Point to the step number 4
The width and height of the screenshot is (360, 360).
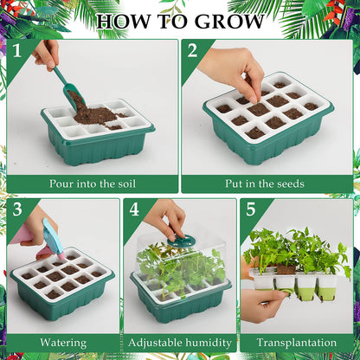(134, 209)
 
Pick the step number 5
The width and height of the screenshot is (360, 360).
(251, 209)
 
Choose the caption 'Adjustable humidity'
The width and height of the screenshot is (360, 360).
(179, 343)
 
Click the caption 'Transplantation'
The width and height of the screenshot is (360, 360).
(297, 343)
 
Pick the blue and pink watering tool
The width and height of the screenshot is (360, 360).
(52, 238)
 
